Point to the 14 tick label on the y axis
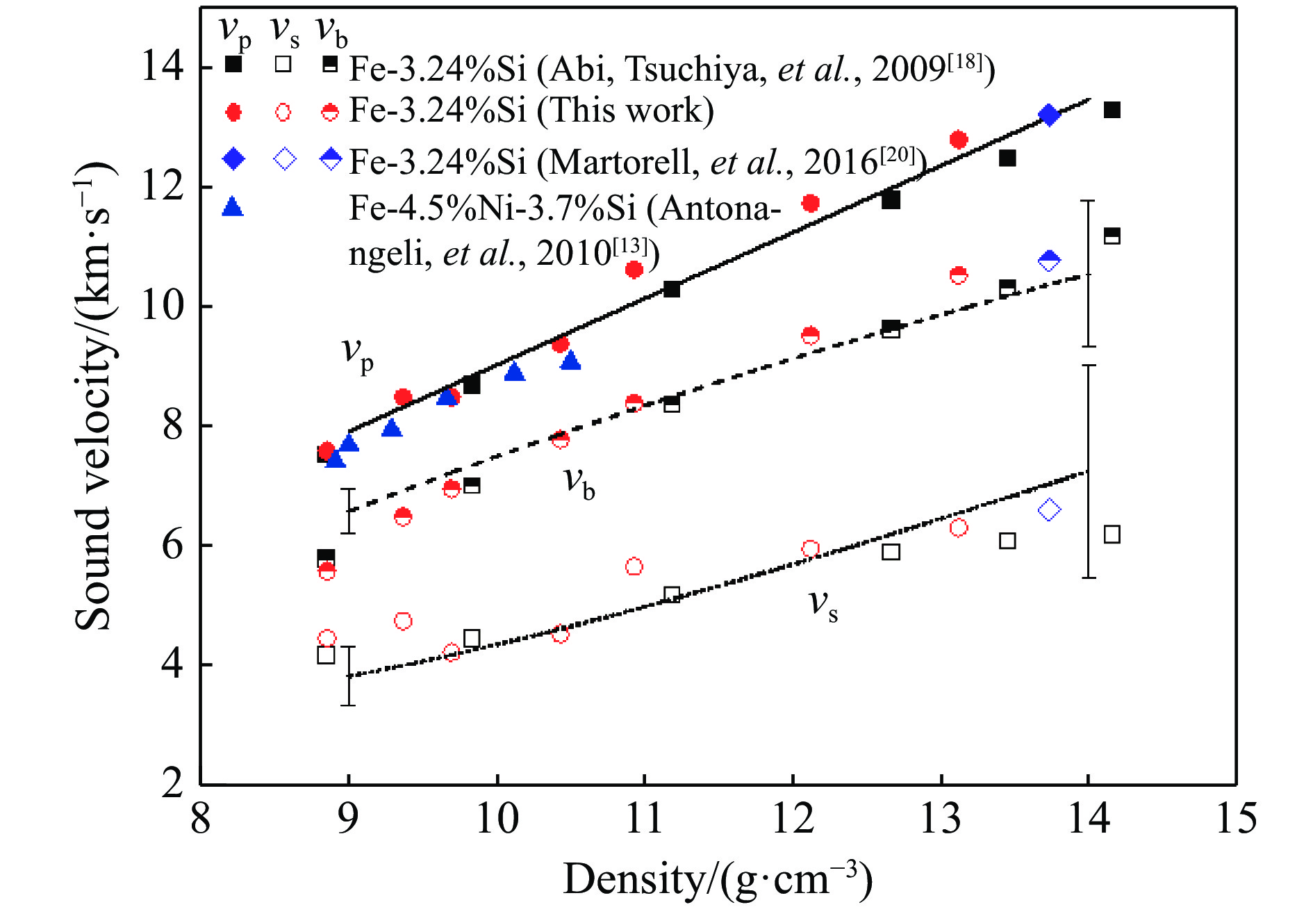coord(163,67)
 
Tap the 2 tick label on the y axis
coord(172,783)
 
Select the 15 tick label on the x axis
coord(1236,818)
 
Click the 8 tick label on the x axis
coord(201,818)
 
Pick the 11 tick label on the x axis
coord(645,818)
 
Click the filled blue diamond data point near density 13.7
coord(1049,115)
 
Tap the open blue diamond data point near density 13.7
coord(1049,510)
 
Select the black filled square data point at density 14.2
coord(1112,110)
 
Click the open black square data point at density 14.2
coord(1112,534)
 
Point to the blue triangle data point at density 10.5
coord(570,361)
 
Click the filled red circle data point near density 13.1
coord(959,140)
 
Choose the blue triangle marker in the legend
coord(233,207)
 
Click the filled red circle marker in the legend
coord(234,113)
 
